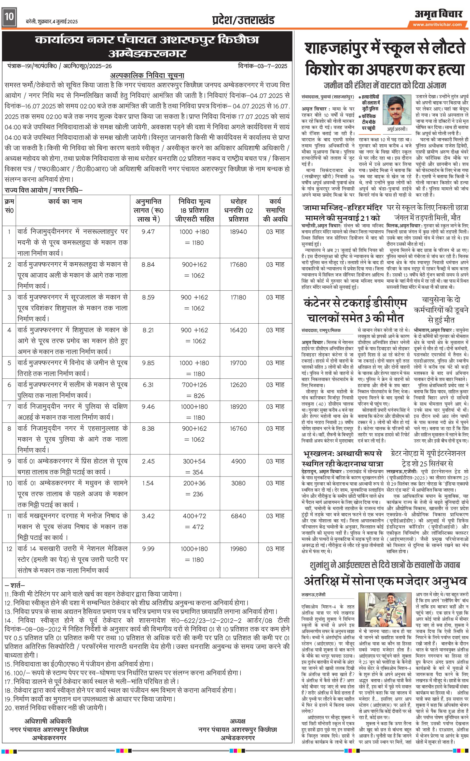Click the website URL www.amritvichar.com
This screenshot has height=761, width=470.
tap(437, 25)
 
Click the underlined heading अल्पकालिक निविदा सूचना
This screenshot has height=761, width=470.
tap(147, 76)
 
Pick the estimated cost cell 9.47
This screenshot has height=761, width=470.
tap(148, 232)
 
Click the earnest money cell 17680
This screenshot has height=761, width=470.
tap(238, 265)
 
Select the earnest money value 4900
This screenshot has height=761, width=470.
tap(238, 461)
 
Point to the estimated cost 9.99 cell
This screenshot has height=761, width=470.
tap(148, 549)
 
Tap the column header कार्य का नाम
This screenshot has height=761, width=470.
tap(65, 201)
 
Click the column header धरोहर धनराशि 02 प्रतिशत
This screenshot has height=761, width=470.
tap(238, 210)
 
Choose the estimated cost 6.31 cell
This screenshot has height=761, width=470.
tap(148, 385)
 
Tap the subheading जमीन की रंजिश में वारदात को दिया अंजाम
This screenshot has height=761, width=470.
tap(385, 85)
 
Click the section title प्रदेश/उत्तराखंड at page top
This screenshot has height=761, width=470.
tap(243, 20)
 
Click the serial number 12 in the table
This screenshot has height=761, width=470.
tap(9, 549)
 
